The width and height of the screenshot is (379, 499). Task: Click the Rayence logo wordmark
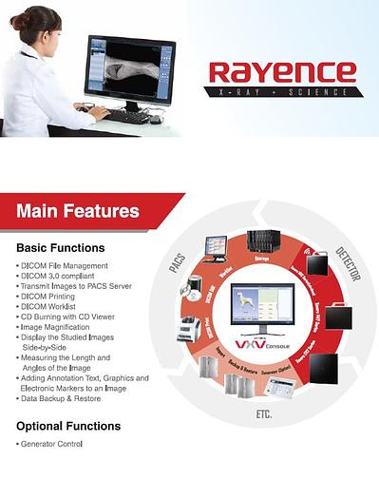(x=283, y=72)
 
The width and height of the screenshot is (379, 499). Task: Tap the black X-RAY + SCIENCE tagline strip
(x=283, y=92)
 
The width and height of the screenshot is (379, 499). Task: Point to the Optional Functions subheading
(x=68, y=426)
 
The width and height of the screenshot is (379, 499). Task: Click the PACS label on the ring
(x=178, y=263)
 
